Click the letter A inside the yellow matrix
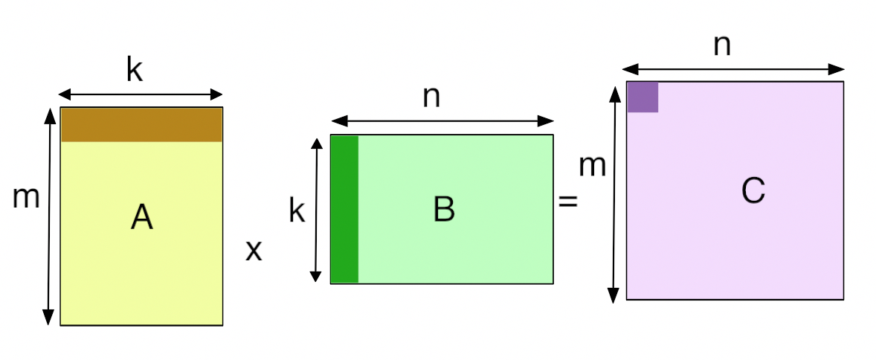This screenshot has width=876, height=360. [x=142, y=217]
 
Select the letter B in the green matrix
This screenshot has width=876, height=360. [x=444, y=210]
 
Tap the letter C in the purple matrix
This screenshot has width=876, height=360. [x=753, y=190]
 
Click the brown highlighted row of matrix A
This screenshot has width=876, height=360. [x=141, y=125]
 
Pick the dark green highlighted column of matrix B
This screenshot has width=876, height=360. [x=345, y=209]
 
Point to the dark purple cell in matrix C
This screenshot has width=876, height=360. [x=642, y=97]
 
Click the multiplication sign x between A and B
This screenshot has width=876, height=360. [x=254, y=251]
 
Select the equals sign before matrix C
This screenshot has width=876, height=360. [x=567, y=201]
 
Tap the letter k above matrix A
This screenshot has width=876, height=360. [x=135, y=70]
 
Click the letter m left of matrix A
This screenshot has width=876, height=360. [x=26, y=197]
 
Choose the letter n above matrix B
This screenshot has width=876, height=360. [x=431, y=97]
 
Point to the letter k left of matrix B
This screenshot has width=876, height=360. [x=297, y=211]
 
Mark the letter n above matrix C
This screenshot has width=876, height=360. [x=722, y=46]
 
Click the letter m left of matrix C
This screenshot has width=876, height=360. [x=592, y=166]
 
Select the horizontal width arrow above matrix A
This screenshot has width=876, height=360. [x=141, y=94]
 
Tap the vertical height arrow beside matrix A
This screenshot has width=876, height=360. [x=49, y=216]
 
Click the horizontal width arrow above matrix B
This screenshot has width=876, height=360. [x=442, y=120]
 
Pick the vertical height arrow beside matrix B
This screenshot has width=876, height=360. [x=316, y=210]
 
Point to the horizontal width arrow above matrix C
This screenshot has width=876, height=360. [x=733, y=69]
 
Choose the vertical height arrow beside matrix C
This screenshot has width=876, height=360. [x=614, y=195]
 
